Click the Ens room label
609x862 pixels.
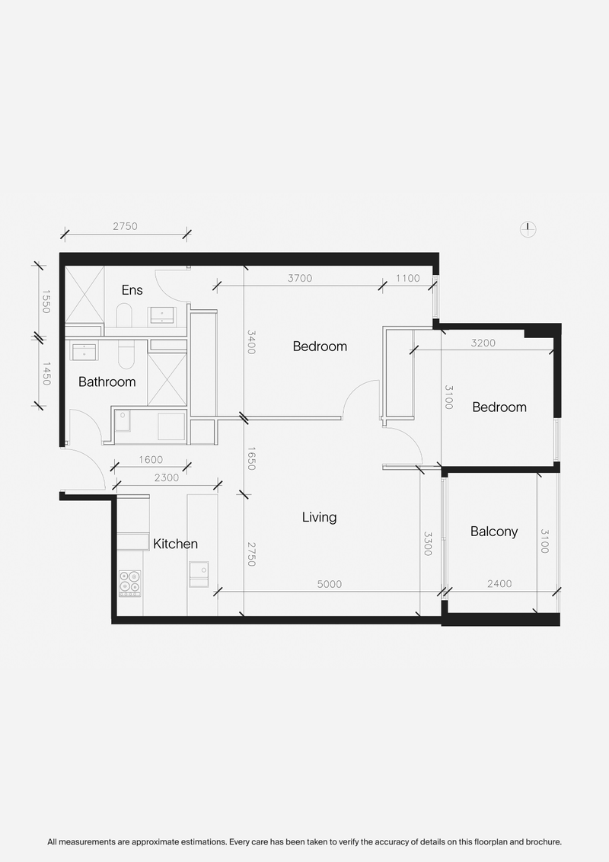coord(132,290)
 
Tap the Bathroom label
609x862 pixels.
coord(107,382)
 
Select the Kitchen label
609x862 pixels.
coord(175,544)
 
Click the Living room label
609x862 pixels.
coord(319,517)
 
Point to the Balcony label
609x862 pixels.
coord(494,532)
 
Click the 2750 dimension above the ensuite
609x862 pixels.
coord(126,226)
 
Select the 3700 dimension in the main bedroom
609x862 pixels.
coord(300,278)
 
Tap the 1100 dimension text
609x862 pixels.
coord(408,278)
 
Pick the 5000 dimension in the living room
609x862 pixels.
coord(330,584)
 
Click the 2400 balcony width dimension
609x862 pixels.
coord(499,584)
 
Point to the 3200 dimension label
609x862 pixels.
coord(483,343)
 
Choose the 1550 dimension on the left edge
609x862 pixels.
coord(45,302)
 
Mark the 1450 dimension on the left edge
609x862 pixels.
coord(45,373)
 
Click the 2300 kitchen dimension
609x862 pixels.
coord(166,477)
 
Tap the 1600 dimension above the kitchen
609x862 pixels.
coord(152,459)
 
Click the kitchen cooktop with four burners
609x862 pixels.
coord(129,583)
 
